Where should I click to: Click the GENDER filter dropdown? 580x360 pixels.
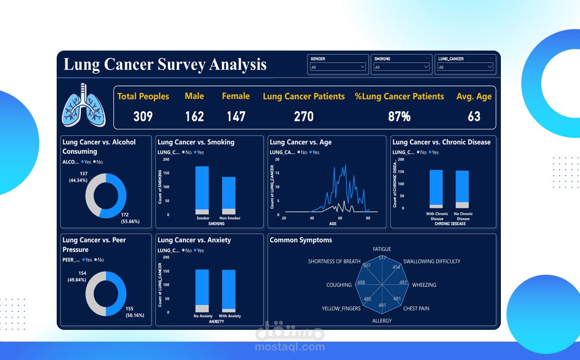click(337, 67)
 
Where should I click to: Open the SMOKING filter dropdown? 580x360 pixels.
click(401, 67)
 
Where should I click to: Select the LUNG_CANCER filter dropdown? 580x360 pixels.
click(465, 67)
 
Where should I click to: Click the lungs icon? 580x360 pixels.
click(83, 105)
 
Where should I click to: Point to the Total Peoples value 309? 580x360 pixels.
click(143, 116)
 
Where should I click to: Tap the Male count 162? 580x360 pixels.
click(195, 116)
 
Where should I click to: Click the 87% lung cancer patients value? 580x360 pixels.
click(399, 116)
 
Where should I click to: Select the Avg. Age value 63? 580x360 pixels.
click(474, 116)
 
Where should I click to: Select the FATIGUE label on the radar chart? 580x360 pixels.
click(382, 249)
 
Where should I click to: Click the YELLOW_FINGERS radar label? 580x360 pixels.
click(341, 308)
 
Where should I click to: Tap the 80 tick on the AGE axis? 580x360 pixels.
click(368, 218)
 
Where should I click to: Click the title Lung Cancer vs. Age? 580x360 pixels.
click(301, 142)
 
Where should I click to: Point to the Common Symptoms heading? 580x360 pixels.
click(301, 240)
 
